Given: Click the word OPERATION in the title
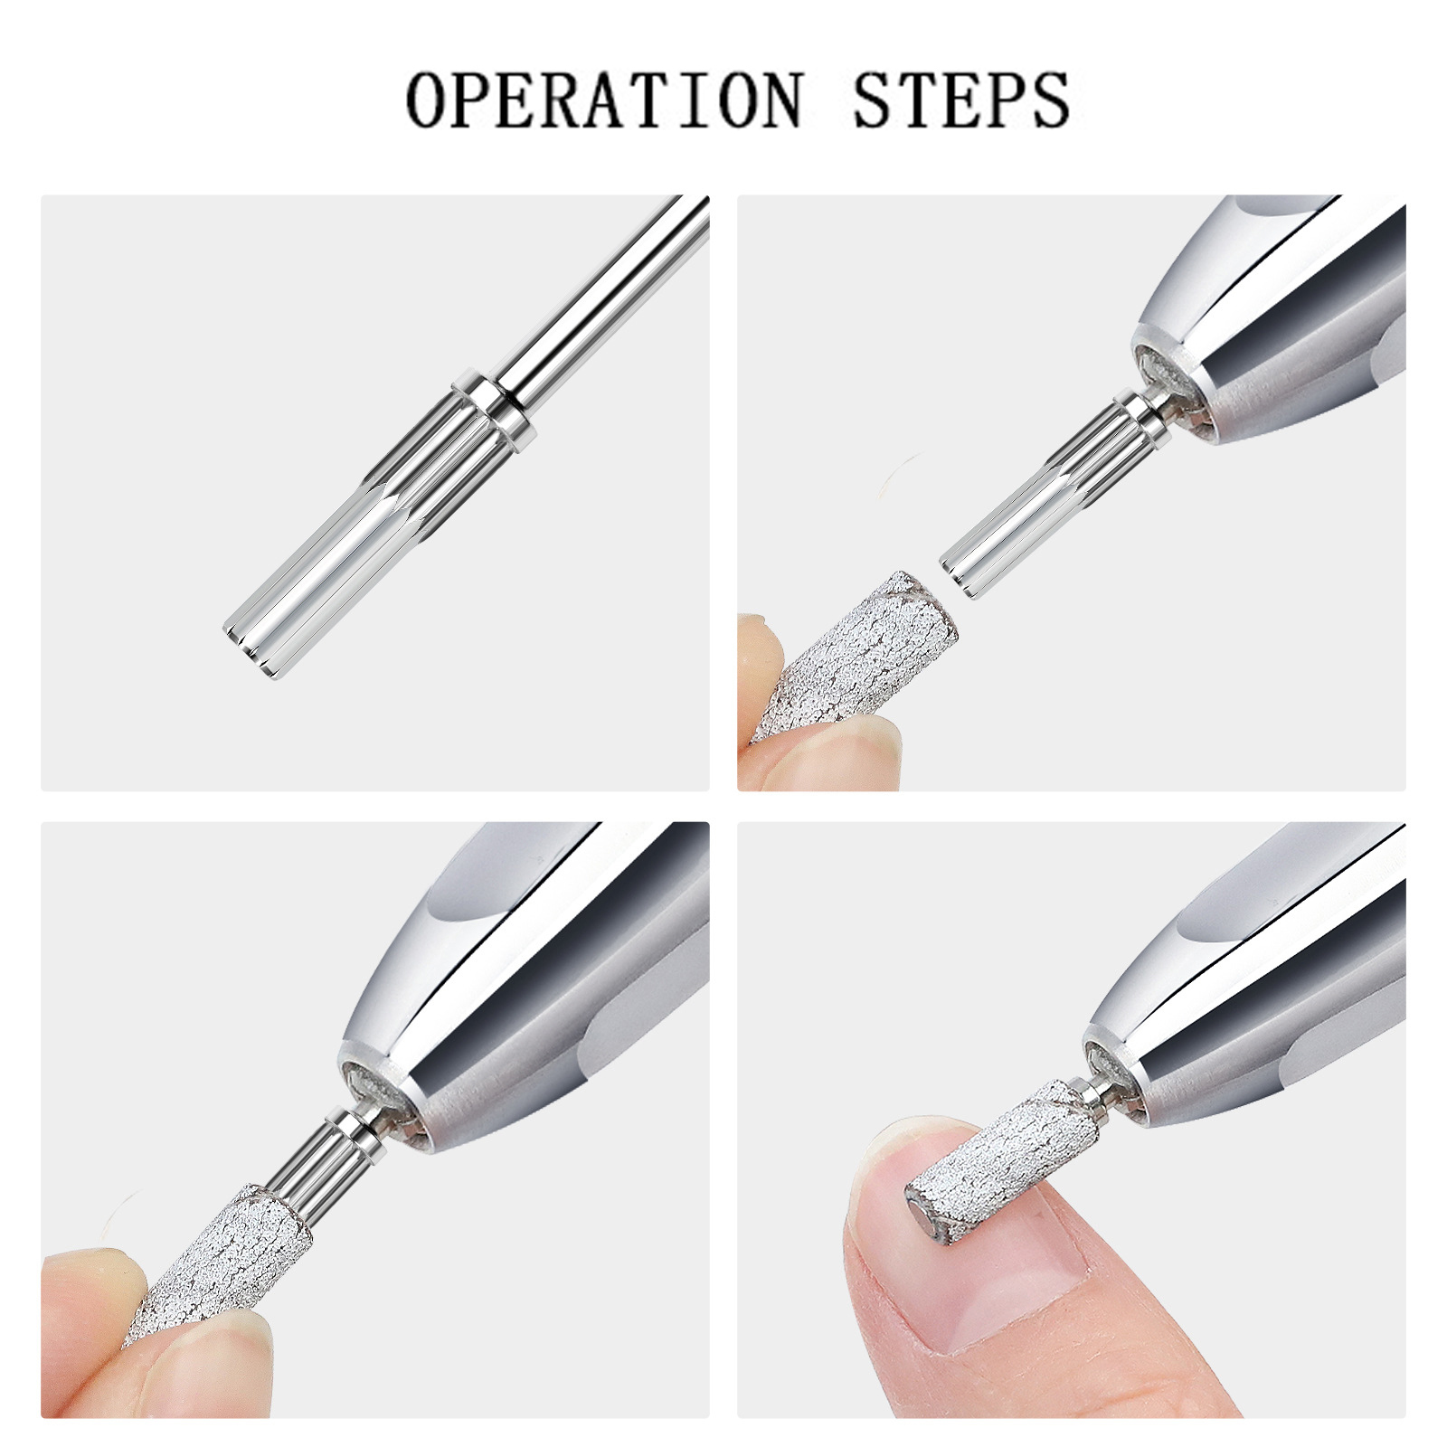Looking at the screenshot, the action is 604,99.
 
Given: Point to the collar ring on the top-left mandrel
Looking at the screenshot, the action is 496,410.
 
